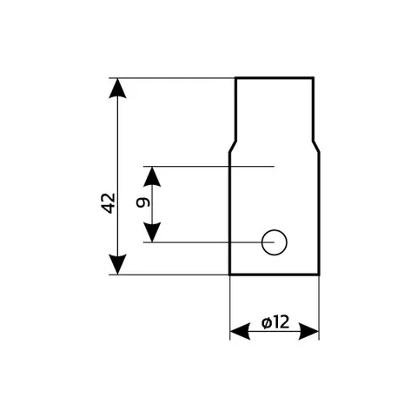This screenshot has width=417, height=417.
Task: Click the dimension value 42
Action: pos(109,203)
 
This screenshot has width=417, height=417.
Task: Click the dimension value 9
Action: pos(143,202)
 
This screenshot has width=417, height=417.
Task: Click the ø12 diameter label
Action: pos(275,322)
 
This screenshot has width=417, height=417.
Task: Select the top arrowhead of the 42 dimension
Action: pos(117,89)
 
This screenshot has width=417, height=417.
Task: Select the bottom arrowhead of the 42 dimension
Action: pos(117,264)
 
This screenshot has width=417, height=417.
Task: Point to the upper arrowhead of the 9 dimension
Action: pos(152,176)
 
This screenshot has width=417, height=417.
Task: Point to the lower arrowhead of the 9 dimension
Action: pos(152,233)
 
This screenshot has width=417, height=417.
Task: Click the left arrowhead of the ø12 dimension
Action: pos(240,331)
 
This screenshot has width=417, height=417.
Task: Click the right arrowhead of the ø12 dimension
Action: pos(308,331)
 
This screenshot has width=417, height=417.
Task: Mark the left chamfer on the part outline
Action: pos(233,147)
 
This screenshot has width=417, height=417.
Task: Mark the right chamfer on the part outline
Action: pos(316,147)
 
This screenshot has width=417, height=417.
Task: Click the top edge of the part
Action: pos(275,78)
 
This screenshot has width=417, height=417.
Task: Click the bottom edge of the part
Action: pos(275,274)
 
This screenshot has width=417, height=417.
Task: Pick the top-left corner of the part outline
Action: pos(236,78)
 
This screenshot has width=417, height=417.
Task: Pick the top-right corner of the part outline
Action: pos(314,78)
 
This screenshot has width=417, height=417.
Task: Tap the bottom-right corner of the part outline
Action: pos(320,274)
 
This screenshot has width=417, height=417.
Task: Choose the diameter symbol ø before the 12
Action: pos(267,323)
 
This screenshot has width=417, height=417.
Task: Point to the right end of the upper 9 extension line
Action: pos(274,167)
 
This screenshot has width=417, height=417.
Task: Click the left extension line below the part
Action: pos(230,308)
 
